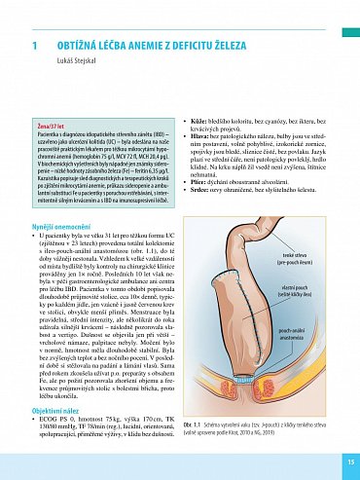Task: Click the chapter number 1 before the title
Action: [35, 46]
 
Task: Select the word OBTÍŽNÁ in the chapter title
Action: [78, 46]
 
